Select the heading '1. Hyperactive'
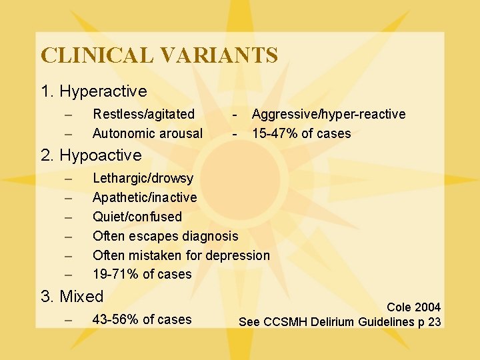click(94, 90)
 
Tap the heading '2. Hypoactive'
click(91, 155)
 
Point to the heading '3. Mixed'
click(73, 296)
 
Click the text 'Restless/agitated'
click(143, 115)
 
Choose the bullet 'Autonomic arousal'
click(147, 133)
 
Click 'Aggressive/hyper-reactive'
click(328, 115)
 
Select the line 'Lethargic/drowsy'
click(143, 178)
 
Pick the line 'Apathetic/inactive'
click(145, 197)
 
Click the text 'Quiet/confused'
click(137, 217)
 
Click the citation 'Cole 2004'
click(413, 307)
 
